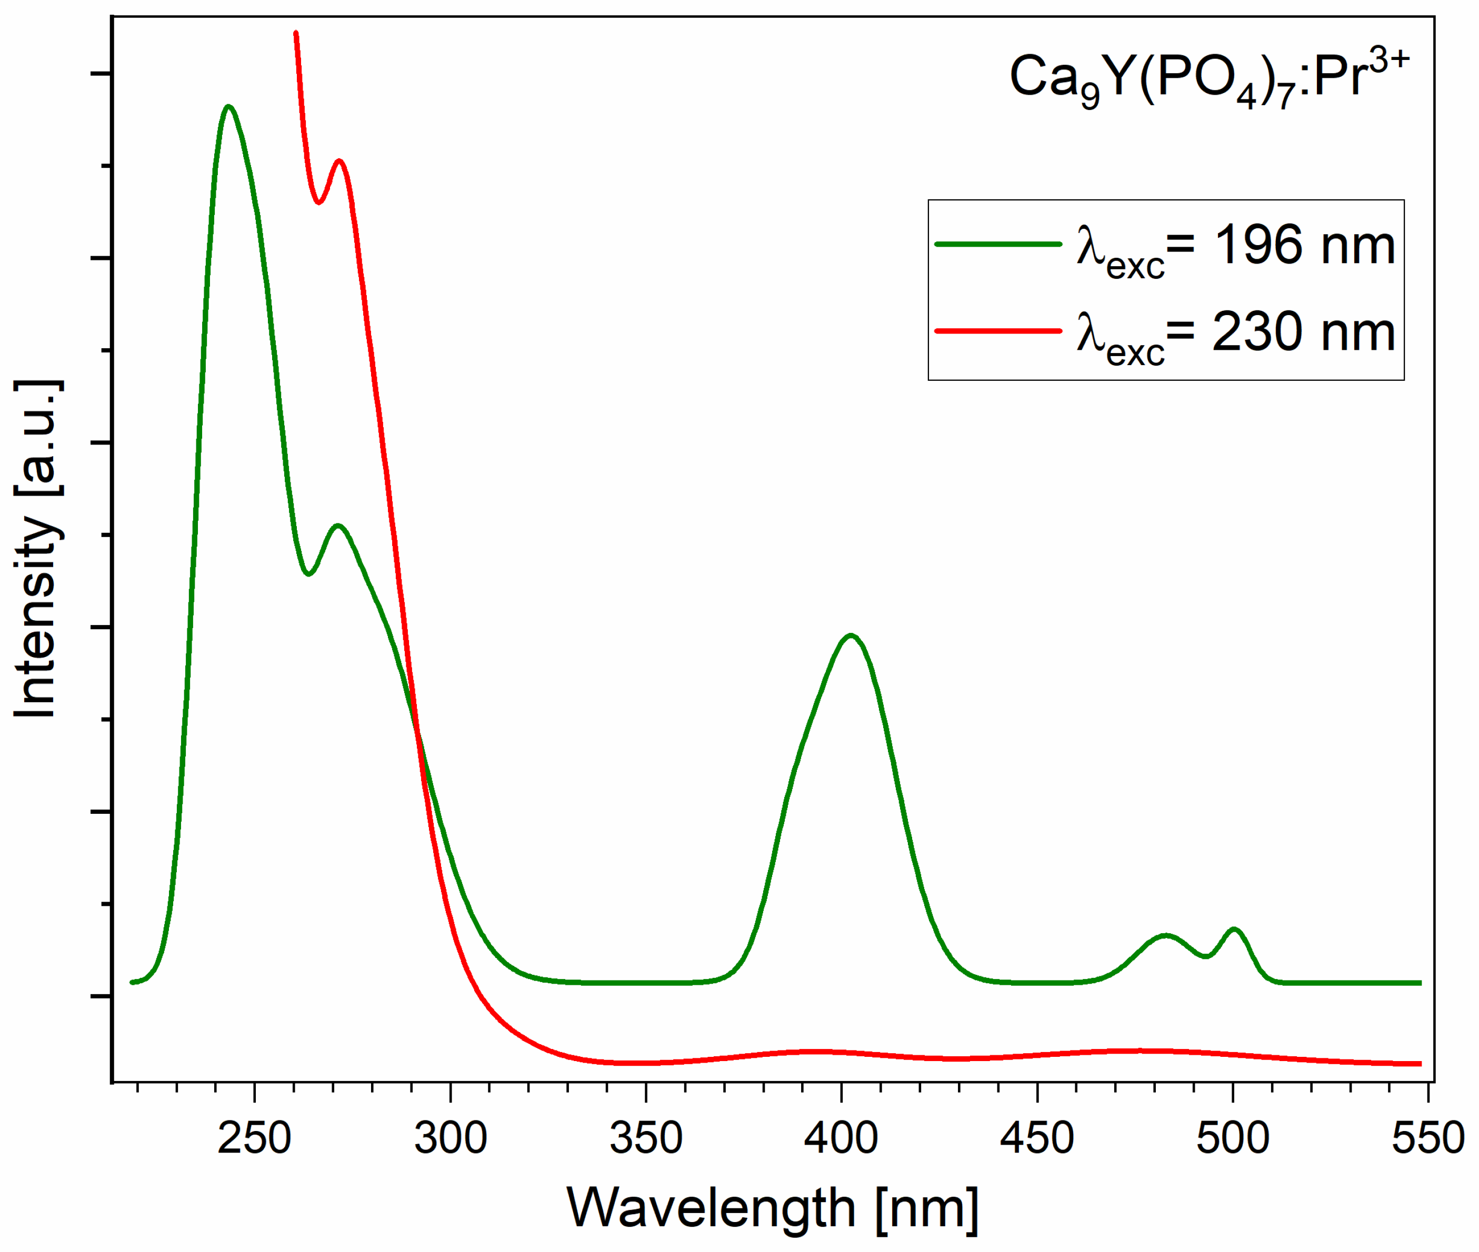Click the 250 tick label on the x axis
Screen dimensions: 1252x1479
tap(254, 1138)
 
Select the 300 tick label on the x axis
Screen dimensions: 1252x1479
tap(450, 1138)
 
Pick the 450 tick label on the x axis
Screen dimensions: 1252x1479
tap(1037, 1138)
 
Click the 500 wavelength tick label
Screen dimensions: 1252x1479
tap(1233, 1138)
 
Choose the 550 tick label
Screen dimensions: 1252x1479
tap(1427, 1138)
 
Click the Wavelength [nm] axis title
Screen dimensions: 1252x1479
tap(773, 1208)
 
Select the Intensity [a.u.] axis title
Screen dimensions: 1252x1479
tap(37, 548)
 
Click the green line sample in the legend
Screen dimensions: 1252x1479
tap(997, 244)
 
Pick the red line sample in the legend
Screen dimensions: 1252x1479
tap(997, 331)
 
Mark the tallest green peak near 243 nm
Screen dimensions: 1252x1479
tap(228, 107)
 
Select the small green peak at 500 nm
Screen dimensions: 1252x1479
tap(1234, 929)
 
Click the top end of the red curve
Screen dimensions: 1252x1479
tap(295, 33)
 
